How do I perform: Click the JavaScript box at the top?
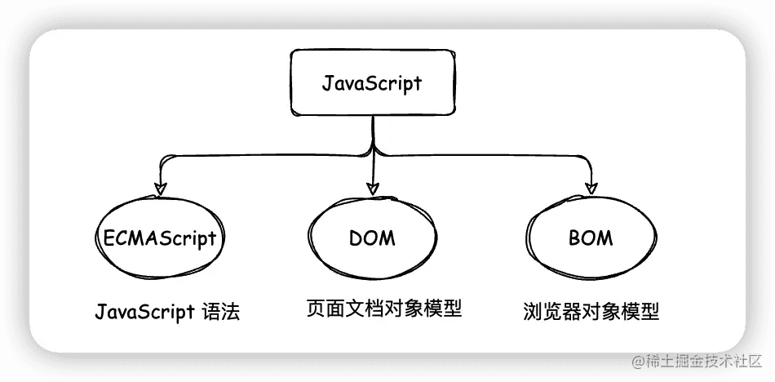point(372,82)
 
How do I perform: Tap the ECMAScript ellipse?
point(160,238)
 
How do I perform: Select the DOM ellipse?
point(372,238)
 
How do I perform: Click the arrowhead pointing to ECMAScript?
point(161,188)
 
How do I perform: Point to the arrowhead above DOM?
point(373,187)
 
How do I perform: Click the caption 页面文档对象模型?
point(383,309)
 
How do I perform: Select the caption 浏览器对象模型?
point(591,311)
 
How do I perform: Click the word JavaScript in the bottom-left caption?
point(144,312)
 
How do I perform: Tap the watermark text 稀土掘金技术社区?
point(702,359)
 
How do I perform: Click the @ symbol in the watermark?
point(634,359)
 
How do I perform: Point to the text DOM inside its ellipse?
point(372,238)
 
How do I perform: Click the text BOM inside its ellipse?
point(590,238)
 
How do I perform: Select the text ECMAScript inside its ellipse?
point(160,238)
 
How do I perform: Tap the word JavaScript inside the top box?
point(372,83)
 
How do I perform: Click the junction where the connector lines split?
point(373,151)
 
